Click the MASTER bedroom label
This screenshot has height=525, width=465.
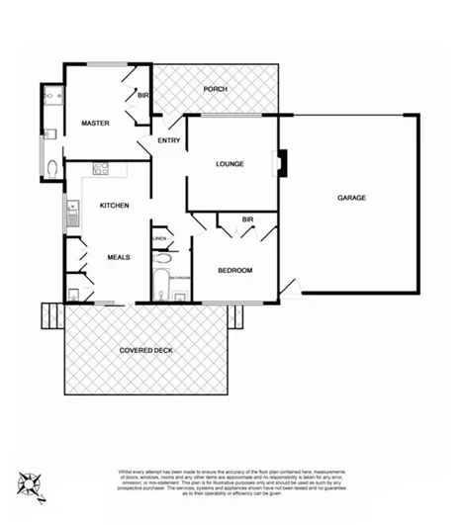coord(95,123)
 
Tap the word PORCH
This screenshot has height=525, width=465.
coord(215,89)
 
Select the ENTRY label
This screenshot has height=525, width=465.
coord(167,142)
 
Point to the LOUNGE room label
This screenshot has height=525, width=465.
coord(230,164)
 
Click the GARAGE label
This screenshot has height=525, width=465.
coord(351,198)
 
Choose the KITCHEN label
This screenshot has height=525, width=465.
coord(115,205)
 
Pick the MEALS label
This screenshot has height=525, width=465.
coord(119,257)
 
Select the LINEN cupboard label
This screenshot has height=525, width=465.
coord(159,238)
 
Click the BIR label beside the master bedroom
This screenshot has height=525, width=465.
coord(142,96)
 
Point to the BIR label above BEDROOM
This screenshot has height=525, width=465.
coord(248,219)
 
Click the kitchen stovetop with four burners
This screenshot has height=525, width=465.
coord(100,168)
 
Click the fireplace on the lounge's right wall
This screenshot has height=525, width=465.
coord(283,163)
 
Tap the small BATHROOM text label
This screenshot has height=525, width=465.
coord(179,278)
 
